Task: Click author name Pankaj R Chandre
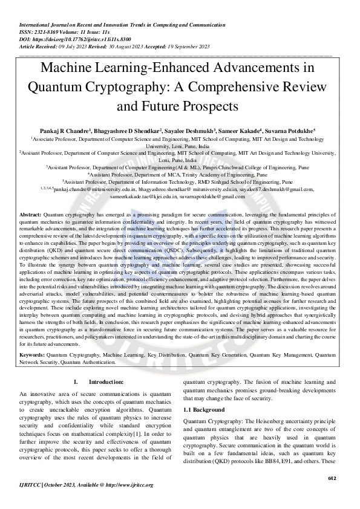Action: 96,131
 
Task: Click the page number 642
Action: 332,478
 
